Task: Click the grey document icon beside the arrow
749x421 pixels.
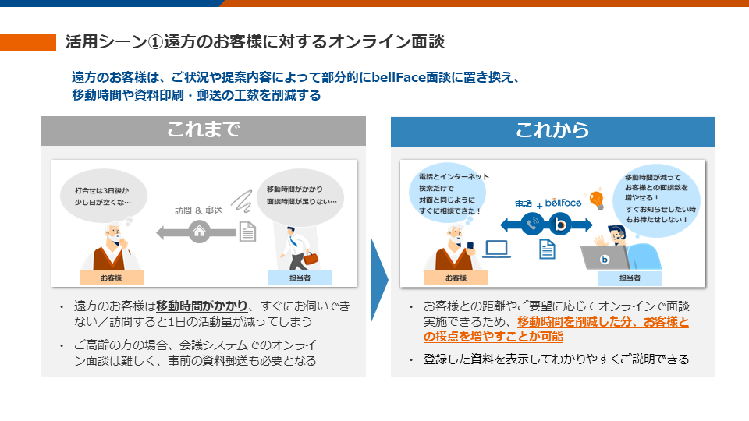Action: [247, 232]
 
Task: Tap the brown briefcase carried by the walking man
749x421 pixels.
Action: [311, 259]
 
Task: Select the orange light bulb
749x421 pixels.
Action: [597, 200]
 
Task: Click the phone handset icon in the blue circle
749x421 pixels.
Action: [534, 225]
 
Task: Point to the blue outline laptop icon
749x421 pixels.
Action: [496, 249]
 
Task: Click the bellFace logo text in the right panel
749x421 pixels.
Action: [563, 203]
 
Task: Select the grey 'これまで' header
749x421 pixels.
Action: [203, 131]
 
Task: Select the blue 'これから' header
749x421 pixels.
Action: [552, 131]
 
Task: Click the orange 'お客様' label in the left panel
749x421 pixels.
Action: [112, 278]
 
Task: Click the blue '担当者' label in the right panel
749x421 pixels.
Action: [630, 278]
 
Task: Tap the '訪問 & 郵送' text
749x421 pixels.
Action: [199, 210]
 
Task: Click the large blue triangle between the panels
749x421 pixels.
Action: [378, 278]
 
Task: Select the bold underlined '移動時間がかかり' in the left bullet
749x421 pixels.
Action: [202, 306]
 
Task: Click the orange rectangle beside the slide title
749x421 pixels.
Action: [28, 42]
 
